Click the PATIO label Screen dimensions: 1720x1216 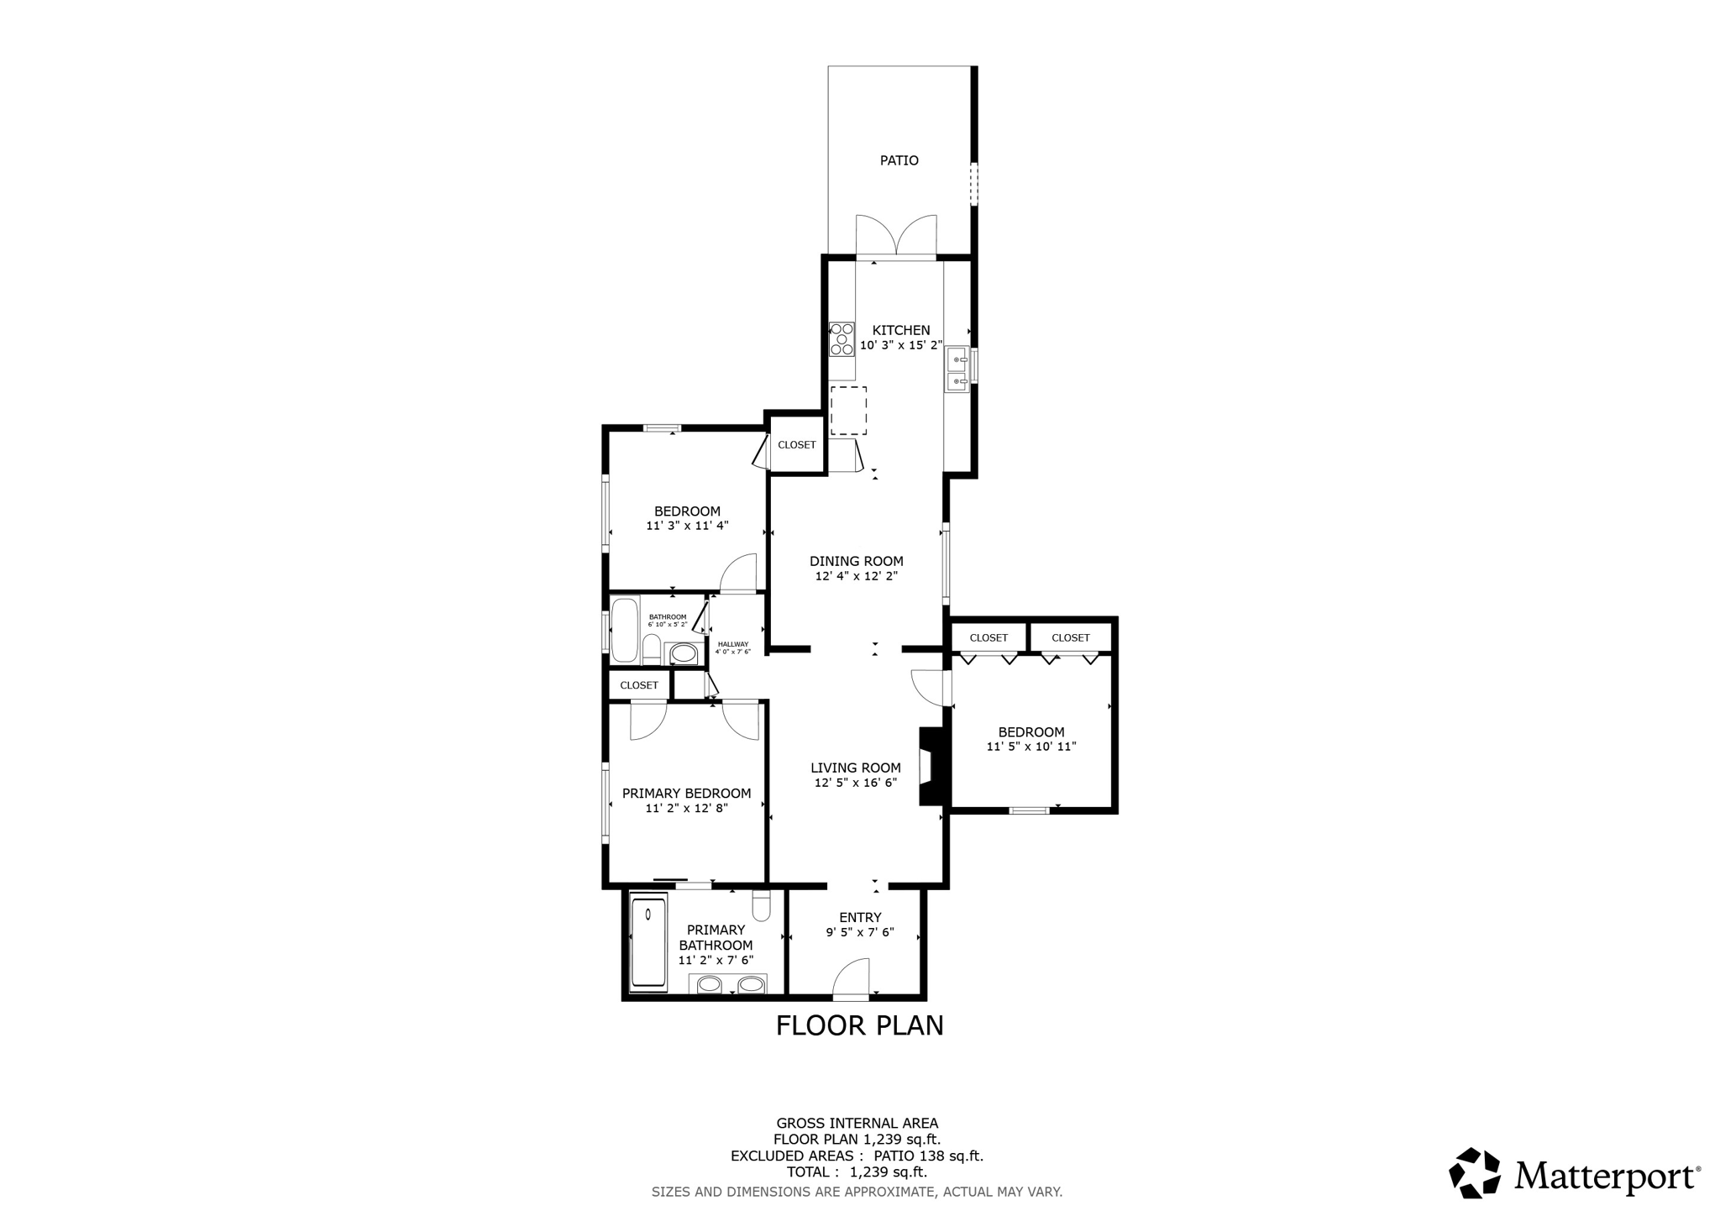pyautogui.click(x=899, y=160)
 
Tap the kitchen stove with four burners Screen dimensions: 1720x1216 pyautogui.click(x=842, y=338)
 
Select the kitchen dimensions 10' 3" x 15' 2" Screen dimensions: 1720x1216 pyautogui.click(x=901, y=345)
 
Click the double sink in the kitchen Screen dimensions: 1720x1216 pyautogui.click(x=957, y=370)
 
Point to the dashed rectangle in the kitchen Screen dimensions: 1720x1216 pyautogui.click(x=848, y=411)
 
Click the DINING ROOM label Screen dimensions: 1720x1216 pyautogui.click(x=856, y=562)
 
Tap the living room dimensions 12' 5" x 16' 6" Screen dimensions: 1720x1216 pyautogui.click(x=856, y=783)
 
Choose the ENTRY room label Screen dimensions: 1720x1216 pyautogui.click(x=860, y=918)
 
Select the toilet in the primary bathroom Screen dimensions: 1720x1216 pyautogui.click(x=762, y=905)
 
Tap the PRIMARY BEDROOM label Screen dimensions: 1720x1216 pyautogui.click(x=686, y=794)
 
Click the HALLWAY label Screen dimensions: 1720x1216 pyautogui.click(x=732, y=644)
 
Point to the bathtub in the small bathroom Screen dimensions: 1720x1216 pyautogui.click(x=624, y=630)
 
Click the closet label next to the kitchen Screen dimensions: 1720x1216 pyautogui.click(x=796, y=445)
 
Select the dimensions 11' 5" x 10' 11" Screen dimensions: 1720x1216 pyautogui.click(x=1030, y=747)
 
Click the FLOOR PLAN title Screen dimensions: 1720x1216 pyautogui.click(x=859, y=1025)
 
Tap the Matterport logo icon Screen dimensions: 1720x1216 pyautogui.click(x=1475, y=1173)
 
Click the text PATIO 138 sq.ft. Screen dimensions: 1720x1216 pyautogui.click(x=929, y=1156)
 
